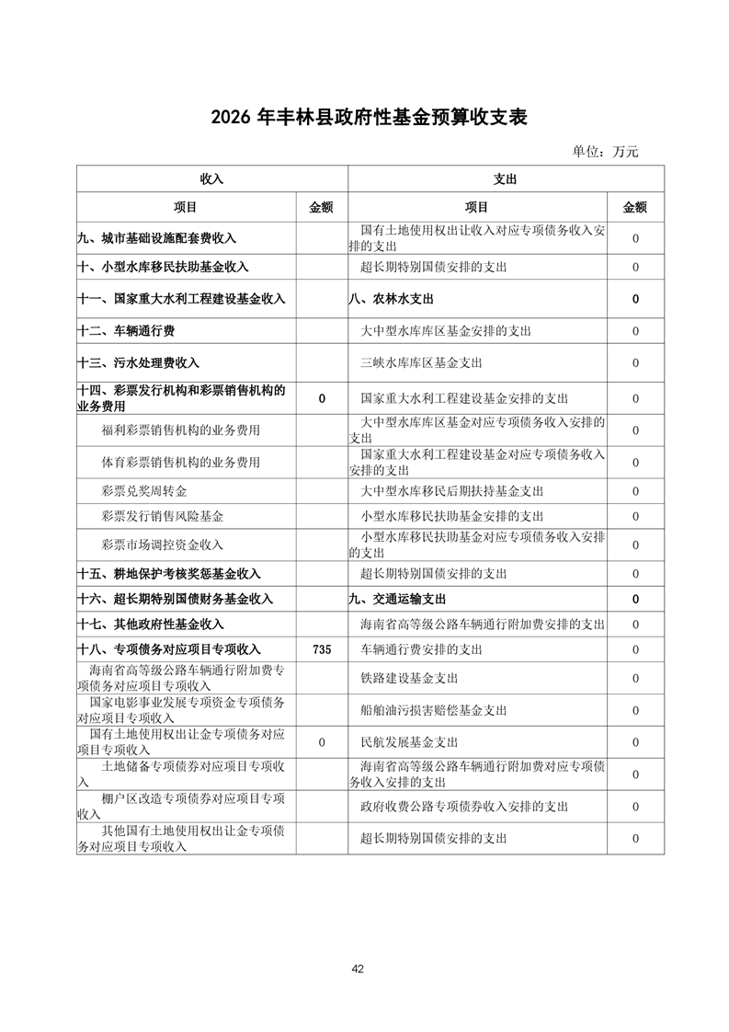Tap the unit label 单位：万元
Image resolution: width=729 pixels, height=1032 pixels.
605,152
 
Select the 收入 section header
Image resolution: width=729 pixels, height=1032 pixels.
211,179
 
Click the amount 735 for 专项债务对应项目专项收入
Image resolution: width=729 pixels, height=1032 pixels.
322,649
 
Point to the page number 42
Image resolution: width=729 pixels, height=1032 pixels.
359,969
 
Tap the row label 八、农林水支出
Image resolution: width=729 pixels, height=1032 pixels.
391,299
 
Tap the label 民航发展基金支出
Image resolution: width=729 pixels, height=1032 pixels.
409,742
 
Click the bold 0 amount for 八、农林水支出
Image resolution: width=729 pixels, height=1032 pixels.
635,299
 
